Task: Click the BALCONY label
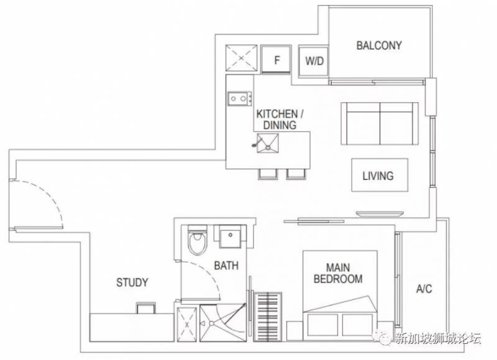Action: click(379, 45)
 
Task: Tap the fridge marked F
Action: click(276, 60)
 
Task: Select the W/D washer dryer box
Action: click(314, 61)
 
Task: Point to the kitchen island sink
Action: click(268, 143)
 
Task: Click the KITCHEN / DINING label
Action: click(280, 119)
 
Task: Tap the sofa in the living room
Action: click(380, 124)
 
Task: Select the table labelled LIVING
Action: click(380, 175)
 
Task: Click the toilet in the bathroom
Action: click(198, 240)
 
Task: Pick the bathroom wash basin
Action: click(230, 236)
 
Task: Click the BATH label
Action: click(226, 265)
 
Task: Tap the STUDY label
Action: click(132, 282)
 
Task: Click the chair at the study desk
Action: click(146, 308)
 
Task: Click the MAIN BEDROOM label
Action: click(338, 273)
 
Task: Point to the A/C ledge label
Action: click(424, 289)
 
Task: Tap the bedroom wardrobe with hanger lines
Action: click(268, 317)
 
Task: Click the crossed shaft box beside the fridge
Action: click(241, 58)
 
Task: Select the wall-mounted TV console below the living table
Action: click(380, 214)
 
